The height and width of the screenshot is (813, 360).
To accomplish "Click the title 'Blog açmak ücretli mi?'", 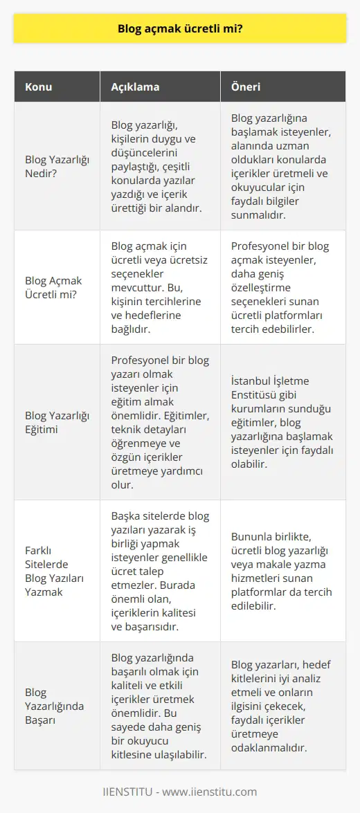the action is tap(180, 30).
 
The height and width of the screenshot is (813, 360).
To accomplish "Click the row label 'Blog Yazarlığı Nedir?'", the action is tap(53, 166).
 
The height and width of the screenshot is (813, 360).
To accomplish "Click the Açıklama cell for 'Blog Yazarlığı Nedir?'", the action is tap(159, 166).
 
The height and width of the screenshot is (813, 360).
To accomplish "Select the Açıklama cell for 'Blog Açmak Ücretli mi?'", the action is tap(159, 287).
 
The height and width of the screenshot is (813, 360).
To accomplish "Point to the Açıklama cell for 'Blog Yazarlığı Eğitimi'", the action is tap(159, 422).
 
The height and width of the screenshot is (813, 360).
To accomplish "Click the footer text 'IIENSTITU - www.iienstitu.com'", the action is tap(180, 792).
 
